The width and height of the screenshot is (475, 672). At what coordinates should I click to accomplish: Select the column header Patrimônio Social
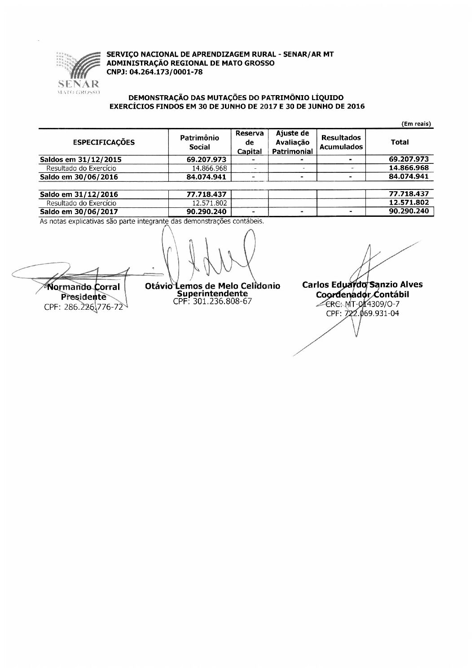click(200, 142)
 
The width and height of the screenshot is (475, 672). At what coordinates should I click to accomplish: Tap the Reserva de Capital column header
click(250, 142)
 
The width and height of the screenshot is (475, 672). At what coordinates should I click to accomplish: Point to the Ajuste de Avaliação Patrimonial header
click(292, 142)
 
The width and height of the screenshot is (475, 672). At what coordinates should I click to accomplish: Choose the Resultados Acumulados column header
click(341, 142)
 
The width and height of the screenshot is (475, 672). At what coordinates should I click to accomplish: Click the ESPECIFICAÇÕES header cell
click(103, 143)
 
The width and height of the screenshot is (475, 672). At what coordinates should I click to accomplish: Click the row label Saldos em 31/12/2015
click(81, 159)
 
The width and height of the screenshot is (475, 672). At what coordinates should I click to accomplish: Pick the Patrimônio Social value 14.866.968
click(209, 168)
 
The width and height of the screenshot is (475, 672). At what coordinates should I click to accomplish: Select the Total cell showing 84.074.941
click(409, 177)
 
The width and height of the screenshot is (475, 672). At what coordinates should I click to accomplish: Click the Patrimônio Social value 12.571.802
click(209, 203)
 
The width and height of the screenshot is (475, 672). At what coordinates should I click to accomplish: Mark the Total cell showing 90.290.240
click(409, 211)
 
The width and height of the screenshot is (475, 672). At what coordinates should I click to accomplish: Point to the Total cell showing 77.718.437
click(409, 194)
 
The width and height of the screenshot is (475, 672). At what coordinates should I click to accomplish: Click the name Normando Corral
click(84, 287)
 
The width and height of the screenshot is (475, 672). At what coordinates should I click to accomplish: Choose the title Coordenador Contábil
click(362, 295)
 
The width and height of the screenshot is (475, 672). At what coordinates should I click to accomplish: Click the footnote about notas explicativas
click(152, 221)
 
